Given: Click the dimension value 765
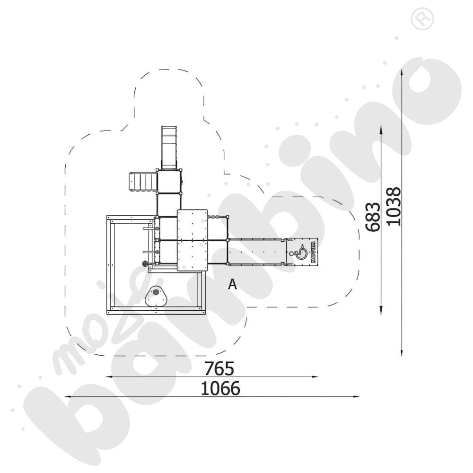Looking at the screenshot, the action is tap(219, 368).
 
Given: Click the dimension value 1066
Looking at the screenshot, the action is tap(220, 388).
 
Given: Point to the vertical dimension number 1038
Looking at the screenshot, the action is tap(394, 206).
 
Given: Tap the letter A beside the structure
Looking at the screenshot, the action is tap(232, 284).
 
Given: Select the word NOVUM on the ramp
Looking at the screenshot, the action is tap(314, 252).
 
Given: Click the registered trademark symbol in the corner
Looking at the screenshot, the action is tap(422, 19).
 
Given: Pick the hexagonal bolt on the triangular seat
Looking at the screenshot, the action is tap(156, 292).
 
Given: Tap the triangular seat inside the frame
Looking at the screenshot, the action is tap(156, 297).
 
